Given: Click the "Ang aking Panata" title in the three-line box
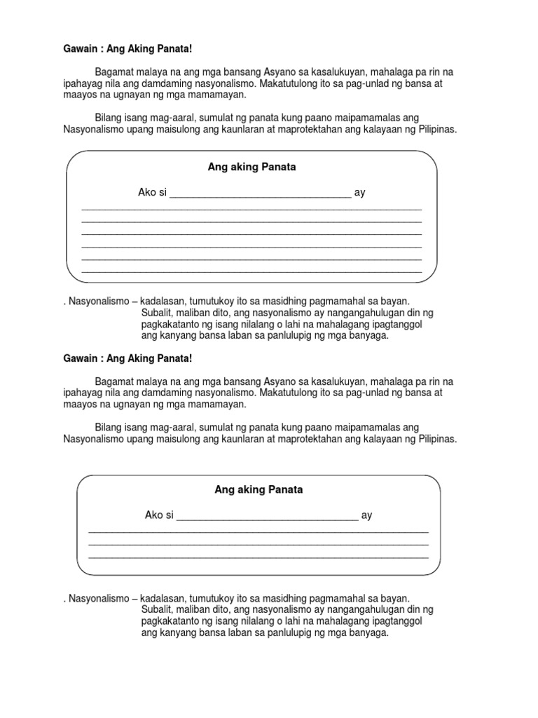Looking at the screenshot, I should [x=258, y=489].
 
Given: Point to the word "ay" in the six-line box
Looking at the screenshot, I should [x=360, y=192].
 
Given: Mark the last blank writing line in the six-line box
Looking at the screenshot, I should [x=251, y=271].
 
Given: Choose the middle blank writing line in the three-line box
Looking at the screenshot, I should [x=258, y=544].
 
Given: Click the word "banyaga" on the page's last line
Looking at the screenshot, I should [x=368, y=632].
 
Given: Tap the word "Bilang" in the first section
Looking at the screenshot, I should [x=108, y=117].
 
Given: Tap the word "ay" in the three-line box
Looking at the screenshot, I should [x=366, y=515].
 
